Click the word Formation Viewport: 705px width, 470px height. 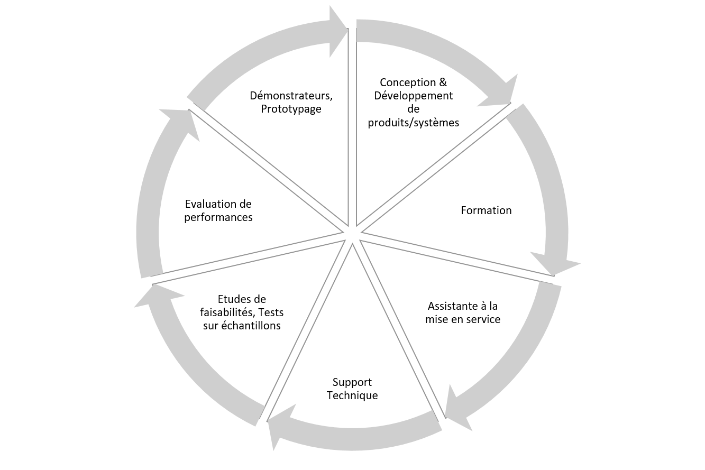tap(486, 210)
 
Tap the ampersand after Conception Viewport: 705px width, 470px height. tap(443, 82)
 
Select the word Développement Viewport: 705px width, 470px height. tap(413, 96)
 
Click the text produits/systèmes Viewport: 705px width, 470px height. tap(413, 123)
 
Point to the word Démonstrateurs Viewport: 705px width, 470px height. tap(290, 96)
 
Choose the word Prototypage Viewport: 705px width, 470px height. tap(291, 109)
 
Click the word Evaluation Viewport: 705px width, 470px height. tap(208, 205)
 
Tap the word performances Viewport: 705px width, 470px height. tap(218, 218)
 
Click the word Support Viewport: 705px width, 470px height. tap(352, 383)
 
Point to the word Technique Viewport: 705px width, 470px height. tap(352, 396)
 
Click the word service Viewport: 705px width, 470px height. tap(483, 319)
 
